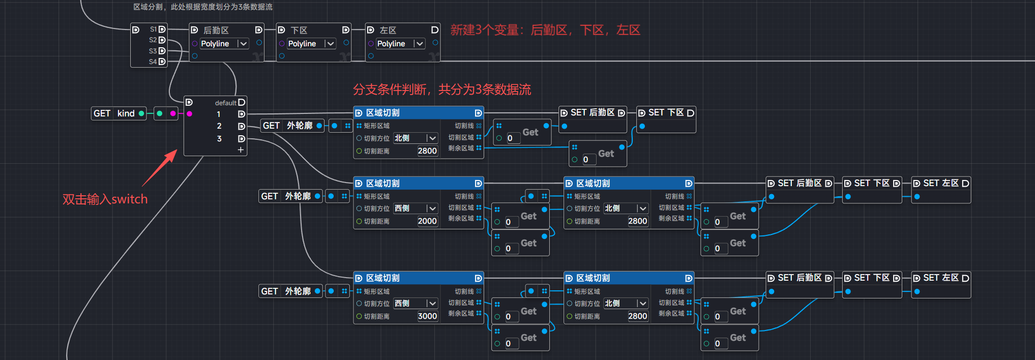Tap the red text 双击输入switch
coord(105,199)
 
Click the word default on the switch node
coord(225,103)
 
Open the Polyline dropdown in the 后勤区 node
coord(224,44)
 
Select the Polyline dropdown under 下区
coord(311,44)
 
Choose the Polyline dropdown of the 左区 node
coord(400,44)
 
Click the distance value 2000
coord(427,221)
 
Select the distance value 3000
coord(427,316)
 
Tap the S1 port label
coord(153,29)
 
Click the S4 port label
coord(153,62)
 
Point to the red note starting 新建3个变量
coord(545,30)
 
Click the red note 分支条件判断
coord(441,89)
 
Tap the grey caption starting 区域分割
coord(202,7)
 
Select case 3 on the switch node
coord(219,138)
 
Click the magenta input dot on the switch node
coord(189,113)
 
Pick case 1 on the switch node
coord(219,114)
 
